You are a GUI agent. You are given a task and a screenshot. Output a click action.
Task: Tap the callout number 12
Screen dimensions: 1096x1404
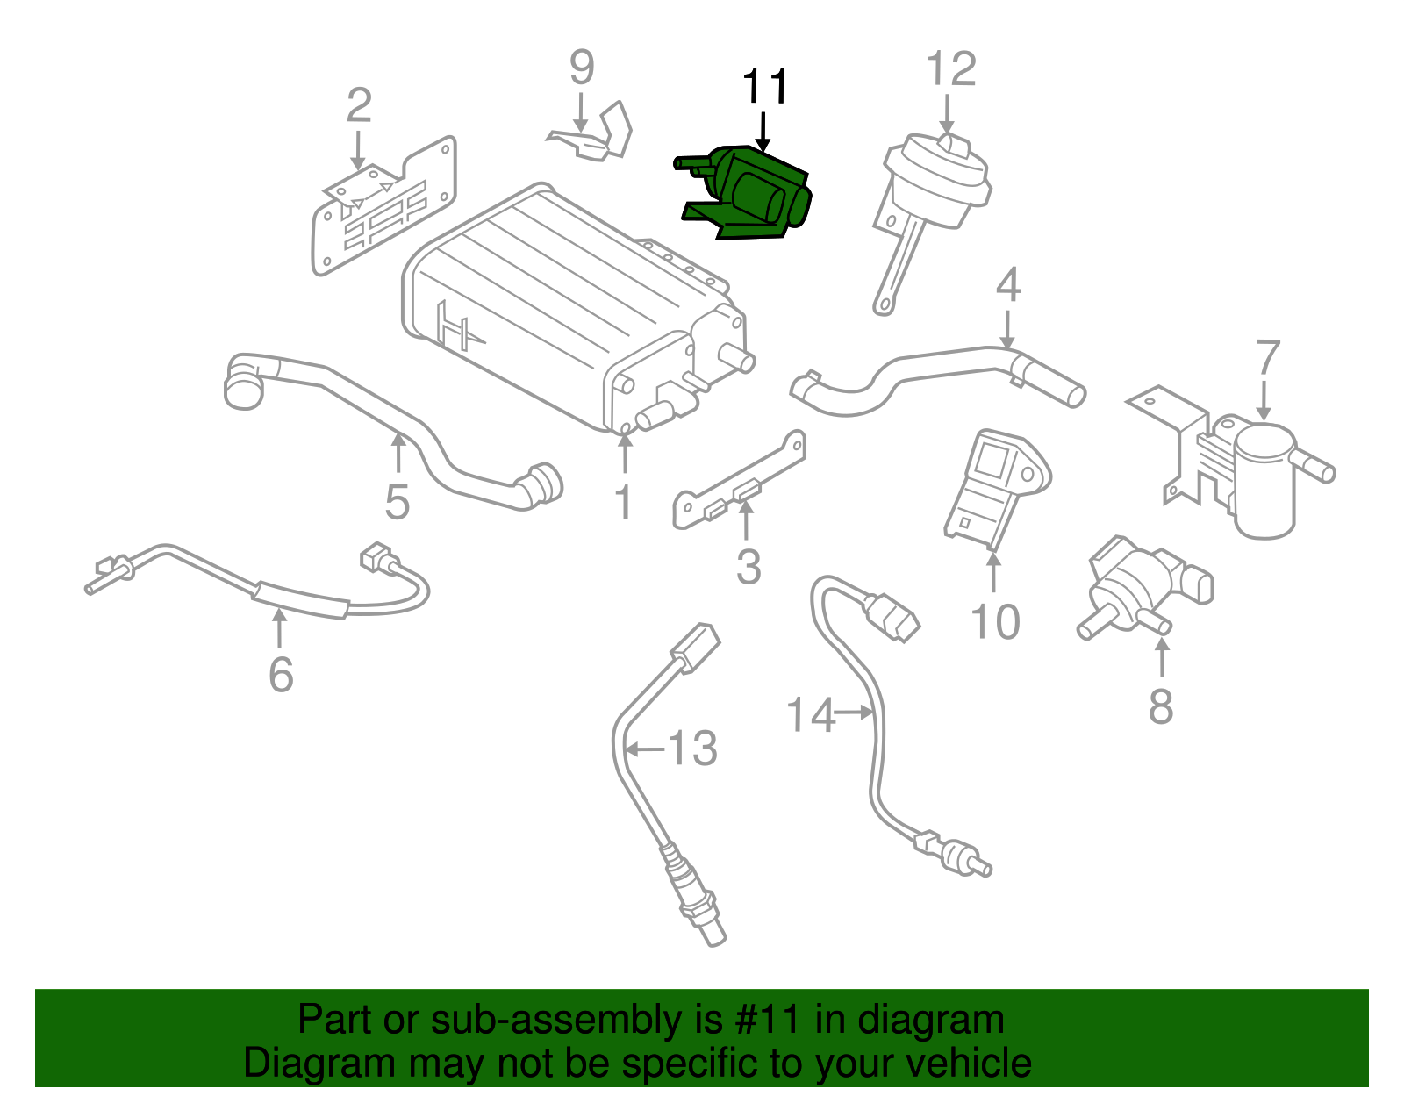click(951, 69)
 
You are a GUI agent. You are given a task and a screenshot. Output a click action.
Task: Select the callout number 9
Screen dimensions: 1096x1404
click(581, 68)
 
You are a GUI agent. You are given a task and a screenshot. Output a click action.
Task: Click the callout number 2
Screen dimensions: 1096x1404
click(358, 105)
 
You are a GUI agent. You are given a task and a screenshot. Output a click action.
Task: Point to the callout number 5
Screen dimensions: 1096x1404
click(397, 502)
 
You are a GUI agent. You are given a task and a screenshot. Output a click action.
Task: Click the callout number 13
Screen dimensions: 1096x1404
click(692, 749)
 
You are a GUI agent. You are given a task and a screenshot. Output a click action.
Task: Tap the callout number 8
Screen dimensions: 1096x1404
click(1160, 706)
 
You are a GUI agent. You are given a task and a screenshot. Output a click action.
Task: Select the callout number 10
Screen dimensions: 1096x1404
click(994, 622)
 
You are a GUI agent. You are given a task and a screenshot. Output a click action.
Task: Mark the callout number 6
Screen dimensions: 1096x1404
click(280, 675)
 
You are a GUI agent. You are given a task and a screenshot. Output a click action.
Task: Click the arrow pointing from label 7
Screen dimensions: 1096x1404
click(1264, 398)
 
